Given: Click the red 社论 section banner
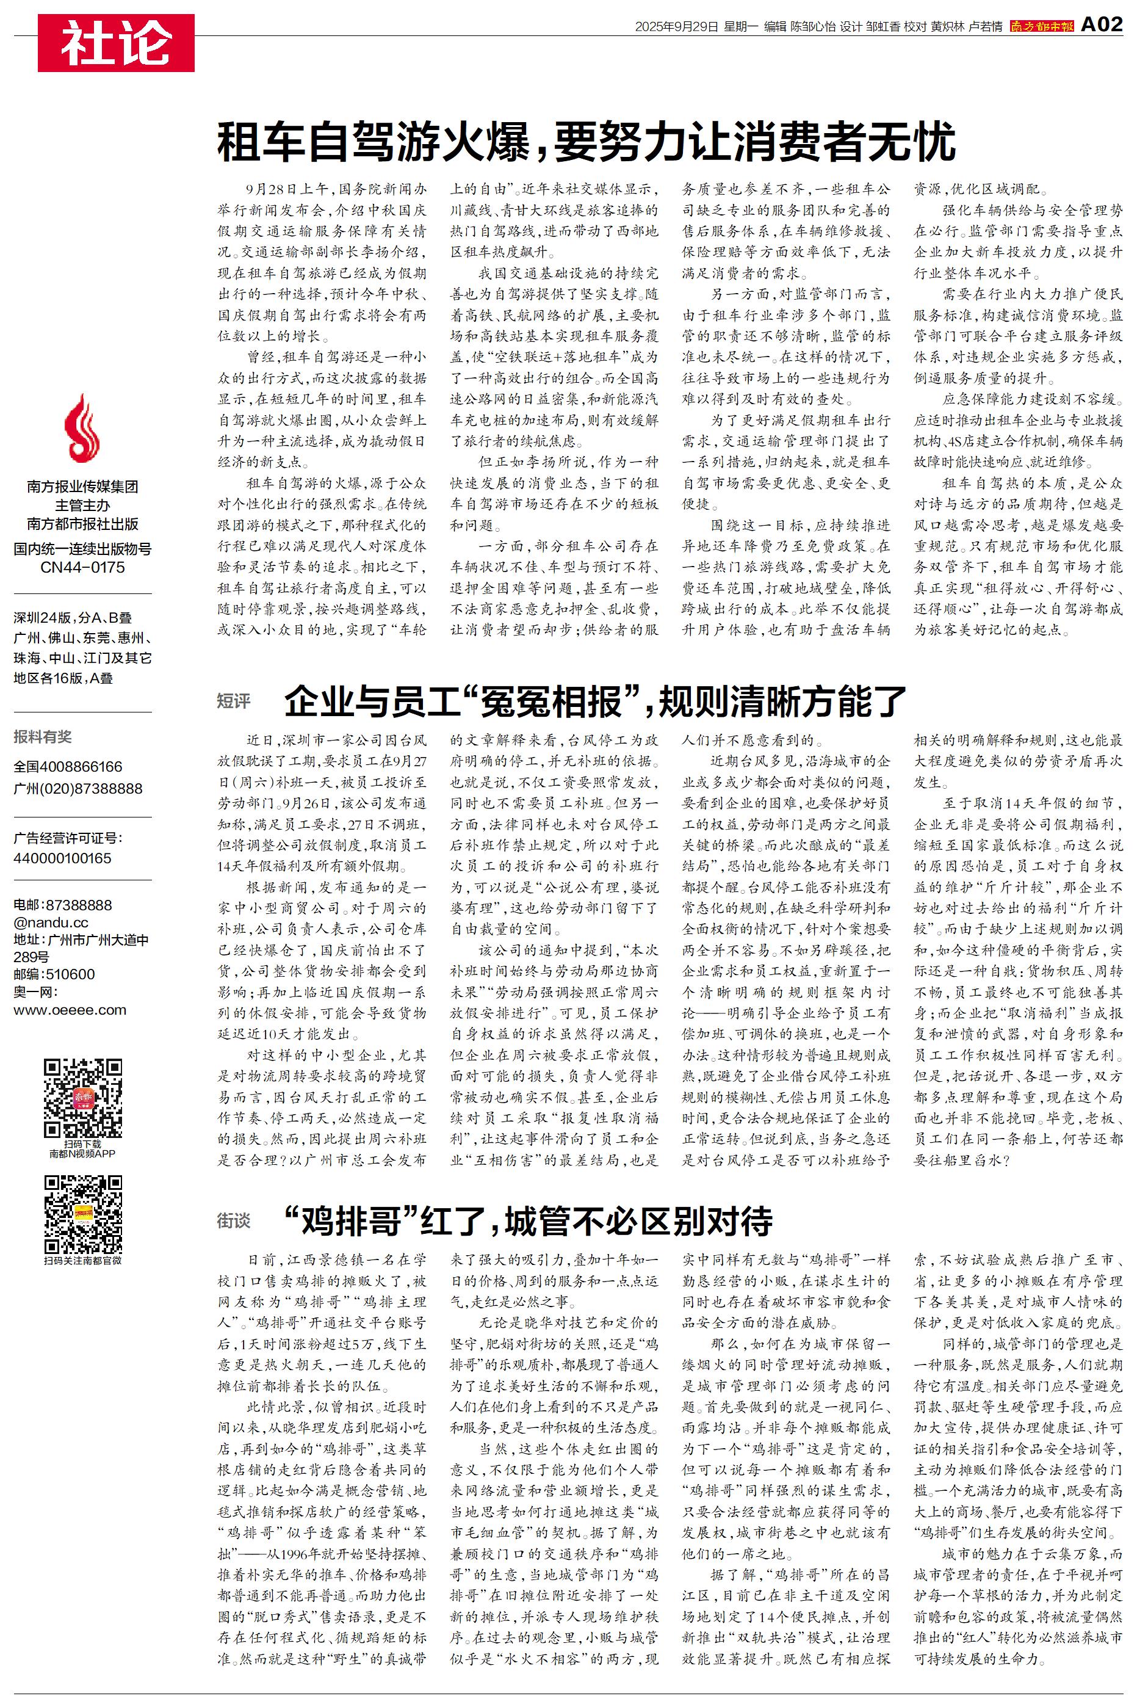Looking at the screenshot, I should [x=116, y=43].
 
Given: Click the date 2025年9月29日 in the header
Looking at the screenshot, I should [x=676, y=27].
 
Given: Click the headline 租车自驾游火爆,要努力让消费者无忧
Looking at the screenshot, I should [x=586, y=142].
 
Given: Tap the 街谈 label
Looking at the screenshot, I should [x=234, y=1220].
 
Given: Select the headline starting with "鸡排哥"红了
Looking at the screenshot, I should [x=528, y=1221].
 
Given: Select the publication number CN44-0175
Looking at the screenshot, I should [x=82, y=567].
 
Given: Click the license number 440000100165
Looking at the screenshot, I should [x=62, y=858].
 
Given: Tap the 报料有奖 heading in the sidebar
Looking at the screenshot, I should [x=43, y=737].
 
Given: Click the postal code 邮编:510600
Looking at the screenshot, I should [x=54, y=974].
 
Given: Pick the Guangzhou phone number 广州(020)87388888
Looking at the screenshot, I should [x=78, y=788].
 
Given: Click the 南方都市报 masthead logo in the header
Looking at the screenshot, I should [x=1041, y=26].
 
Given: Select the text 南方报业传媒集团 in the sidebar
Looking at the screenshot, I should [x=82, y=487].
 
